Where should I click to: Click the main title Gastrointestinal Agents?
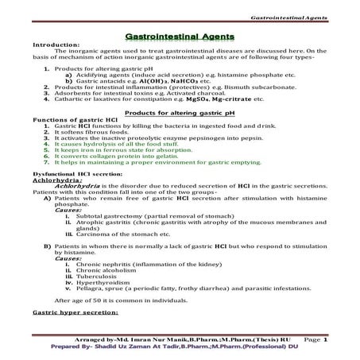(180, 37)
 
